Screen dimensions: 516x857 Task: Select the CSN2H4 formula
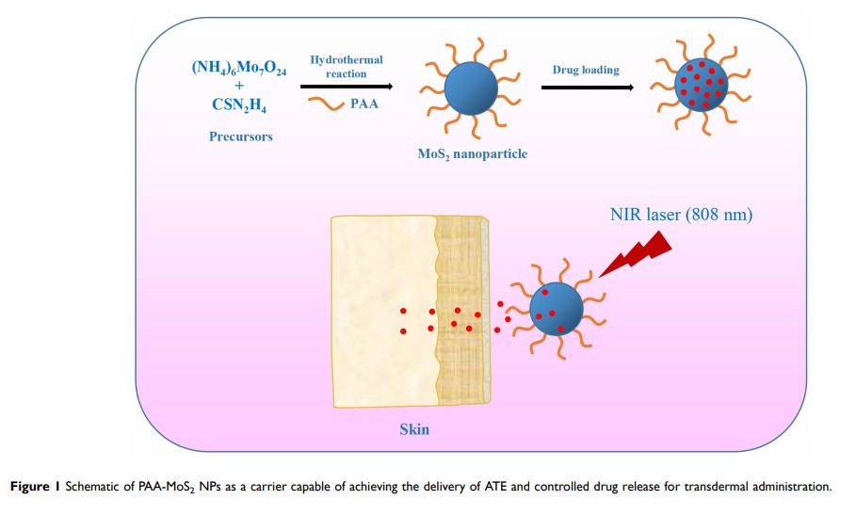tap(241, 107)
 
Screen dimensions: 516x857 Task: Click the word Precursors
tap(241, 137)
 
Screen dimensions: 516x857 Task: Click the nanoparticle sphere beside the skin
tap(557, 309)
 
